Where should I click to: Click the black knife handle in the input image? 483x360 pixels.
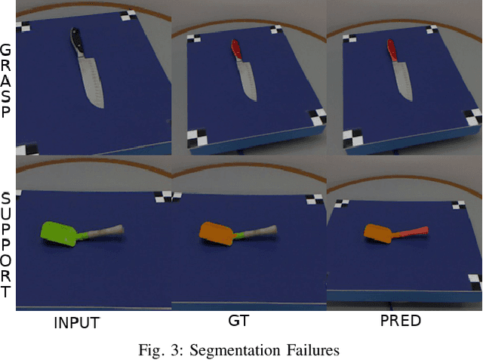[x=77, y=40]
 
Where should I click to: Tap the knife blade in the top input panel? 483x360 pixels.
[x=91, y=81]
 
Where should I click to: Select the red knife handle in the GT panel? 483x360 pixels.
[x=236, y=49]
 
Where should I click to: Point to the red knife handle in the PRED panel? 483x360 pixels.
[x=392, y=50]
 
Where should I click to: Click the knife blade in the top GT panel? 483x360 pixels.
[x=247, y=81]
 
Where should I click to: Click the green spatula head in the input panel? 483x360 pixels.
[x=59, y=234]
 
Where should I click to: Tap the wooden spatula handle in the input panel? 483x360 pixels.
[x=105, y=231]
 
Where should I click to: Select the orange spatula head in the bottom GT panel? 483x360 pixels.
[x=216, y=233]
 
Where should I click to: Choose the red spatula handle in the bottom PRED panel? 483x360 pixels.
[x=411, y=232]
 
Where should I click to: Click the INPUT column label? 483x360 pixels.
[x=77, y=323]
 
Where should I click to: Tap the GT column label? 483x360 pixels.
[x=238, y=321]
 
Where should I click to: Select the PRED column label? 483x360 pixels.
[x=401, y=321]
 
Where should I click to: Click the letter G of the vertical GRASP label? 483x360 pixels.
[x=5, y=50]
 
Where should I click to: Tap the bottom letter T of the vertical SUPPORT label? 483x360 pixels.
[x=5, y=291]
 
